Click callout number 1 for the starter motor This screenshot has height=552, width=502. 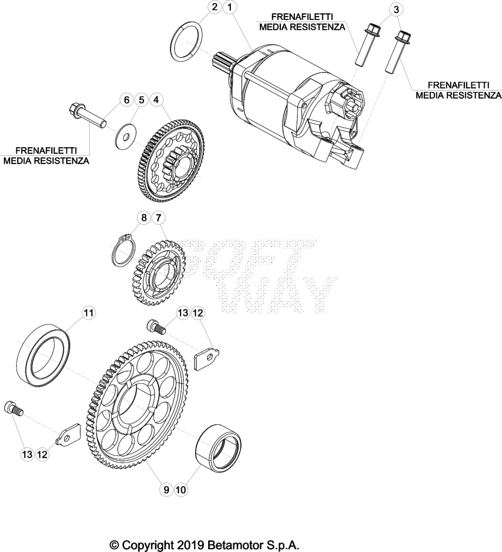click(230, 8)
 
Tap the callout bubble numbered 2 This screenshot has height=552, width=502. click(215, 8)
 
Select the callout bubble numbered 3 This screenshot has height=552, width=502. click(396, 10)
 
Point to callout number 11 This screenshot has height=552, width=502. click(89, 313)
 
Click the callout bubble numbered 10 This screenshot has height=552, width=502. click(181, 489)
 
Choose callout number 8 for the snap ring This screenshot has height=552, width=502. click(143, 218)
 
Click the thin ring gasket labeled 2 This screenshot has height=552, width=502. click(186, 42)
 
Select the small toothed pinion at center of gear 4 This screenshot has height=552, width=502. click(175, 157)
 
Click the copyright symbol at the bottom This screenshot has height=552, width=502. click(114, 545)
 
